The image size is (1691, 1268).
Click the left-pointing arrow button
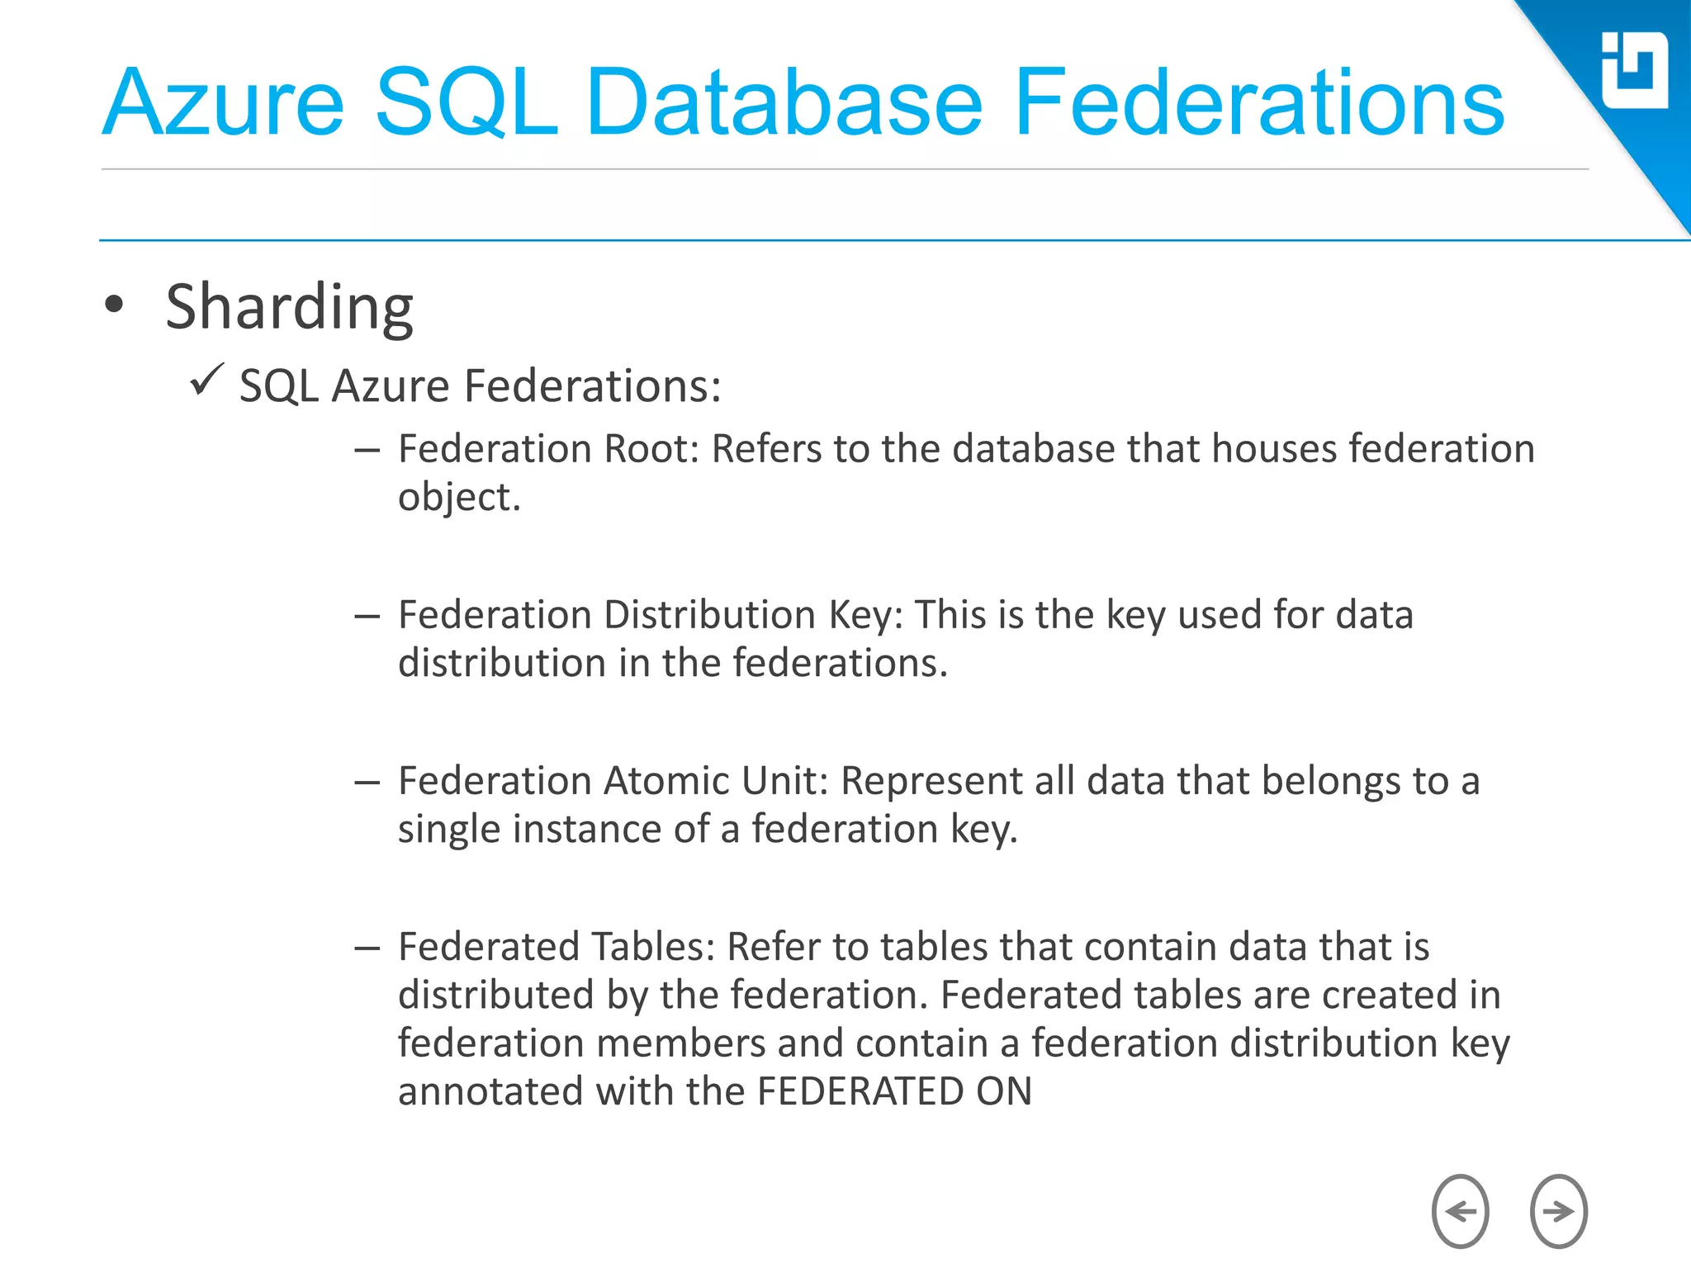(1460, 1211)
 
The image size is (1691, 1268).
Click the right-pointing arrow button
(1558, 1211)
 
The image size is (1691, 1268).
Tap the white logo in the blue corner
(1634, 70)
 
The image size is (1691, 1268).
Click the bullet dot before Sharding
(114, 305)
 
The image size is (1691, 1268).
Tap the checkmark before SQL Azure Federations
(206, 381)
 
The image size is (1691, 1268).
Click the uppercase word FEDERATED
(860, 1092)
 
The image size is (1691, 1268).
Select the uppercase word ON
(1004, 1092)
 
